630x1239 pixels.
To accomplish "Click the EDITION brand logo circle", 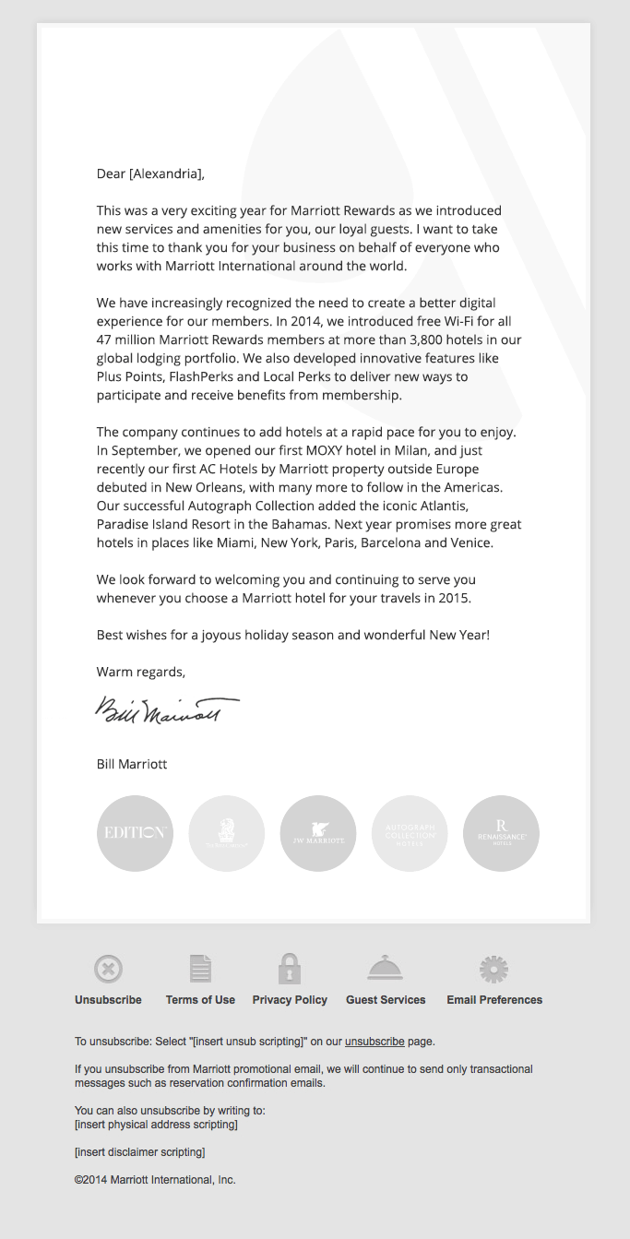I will point(135,833).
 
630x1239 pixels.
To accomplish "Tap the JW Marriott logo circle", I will point(318,833).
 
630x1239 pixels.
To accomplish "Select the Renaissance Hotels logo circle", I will point(501,833).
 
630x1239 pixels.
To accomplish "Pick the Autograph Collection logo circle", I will point(410,833).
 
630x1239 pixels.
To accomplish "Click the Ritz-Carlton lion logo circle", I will point(226,833).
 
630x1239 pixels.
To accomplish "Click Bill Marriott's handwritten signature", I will point(167,710).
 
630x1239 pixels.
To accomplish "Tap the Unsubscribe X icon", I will point(108,970).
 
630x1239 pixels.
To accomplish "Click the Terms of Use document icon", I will point(200,969).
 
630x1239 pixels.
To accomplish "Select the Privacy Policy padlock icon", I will point(290,969).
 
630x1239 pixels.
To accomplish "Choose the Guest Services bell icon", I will point(385,968).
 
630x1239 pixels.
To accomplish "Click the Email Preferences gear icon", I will point(493,970).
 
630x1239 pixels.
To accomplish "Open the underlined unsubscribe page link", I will point(374,1042).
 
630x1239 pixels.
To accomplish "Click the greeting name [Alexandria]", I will point(165,173).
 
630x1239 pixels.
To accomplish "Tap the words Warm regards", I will point(140,672).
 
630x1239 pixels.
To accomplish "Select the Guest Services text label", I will point(386,1000).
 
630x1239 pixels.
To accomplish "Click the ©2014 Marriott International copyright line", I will point(155,1180).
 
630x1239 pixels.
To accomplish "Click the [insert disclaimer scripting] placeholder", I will point(139,1152).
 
